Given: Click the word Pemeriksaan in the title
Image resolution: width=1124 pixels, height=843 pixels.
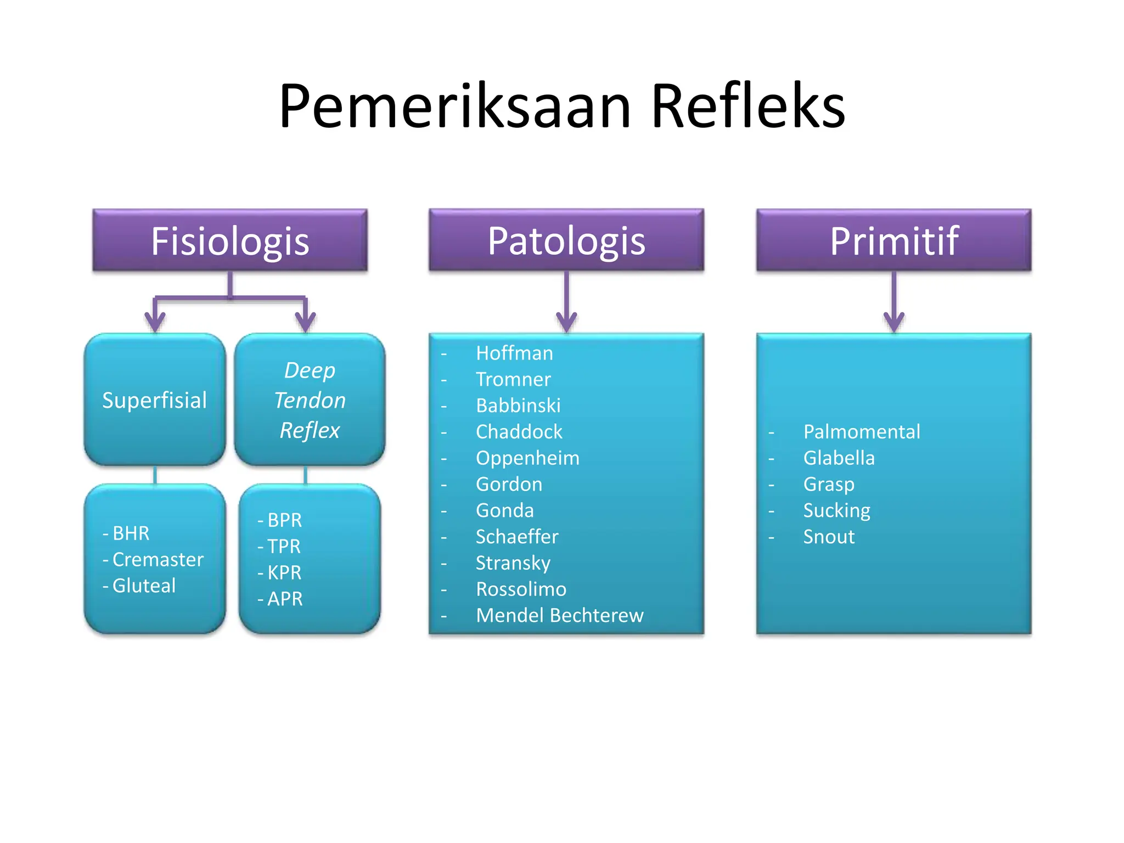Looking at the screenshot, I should tap(454, 106).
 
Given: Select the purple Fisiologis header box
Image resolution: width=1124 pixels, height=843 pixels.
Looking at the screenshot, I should tap(230, 240).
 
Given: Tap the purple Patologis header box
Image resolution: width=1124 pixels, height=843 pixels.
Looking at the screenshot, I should tap(566, 240).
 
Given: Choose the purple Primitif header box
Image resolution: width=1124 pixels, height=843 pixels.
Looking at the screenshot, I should tap(893, 240).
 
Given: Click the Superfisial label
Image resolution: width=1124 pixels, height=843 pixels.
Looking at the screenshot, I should tap(155, 400).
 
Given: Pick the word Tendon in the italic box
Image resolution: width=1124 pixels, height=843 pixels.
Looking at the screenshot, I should tap(310, 400).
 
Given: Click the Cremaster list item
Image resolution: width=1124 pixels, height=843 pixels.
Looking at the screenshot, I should tap(158, 559).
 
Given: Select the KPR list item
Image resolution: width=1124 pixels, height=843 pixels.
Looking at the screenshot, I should tap(284, 572).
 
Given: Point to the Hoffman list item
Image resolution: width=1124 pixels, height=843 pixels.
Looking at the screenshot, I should tap(514, 353).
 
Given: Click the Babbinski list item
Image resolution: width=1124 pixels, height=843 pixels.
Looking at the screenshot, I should tap(518, 406).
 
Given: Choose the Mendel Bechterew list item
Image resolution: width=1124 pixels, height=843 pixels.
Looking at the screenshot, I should tap(559, 615).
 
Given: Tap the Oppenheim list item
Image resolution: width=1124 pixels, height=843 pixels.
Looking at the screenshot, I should tap(527, 458).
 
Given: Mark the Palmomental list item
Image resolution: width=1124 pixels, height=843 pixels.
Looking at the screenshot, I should tap(861, 431).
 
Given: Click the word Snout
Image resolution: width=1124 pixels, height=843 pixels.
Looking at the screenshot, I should tap(829, 536).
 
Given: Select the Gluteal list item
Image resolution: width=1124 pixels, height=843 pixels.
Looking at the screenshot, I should tap(144, 586).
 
